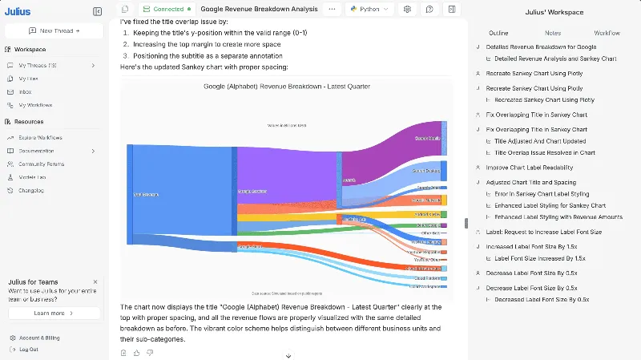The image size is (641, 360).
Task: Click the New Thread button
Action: (x=54, y=30)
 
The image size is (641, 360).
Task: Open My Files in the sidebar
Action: (x=28, y=79)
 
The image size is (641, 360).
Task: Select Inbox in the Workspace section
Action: (x=25, y=92)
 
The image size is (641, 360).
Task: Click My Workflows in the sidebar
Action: (x=35, y=105)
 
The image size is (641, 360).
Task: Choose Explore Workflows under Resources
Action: (x=40, y=138)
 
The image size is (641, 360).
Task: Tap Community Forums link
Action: (x=41, y=164)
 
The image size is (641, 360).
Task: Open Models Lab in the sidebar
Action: (x=32, y=176)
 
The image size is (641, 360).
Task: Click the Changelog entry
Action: (x=30, y=190)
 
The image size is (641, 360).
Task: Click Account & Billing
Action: (x=40, y=338)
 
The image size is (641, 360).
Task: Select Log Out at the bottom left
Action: (x=28, y=350)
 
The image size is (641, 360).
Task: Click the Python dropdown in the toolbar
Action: (x=369, y=9)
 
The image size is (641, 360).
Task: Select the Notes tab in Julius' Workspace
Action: (x=553, y=33)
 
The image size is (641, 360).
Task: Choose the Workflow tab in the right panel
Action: (x=607, y=33)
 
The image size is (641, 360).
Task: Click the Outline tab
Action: (x=498, y=33)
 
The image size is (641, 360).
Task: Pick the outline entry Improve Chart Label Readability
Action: (x=530, y=168)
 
